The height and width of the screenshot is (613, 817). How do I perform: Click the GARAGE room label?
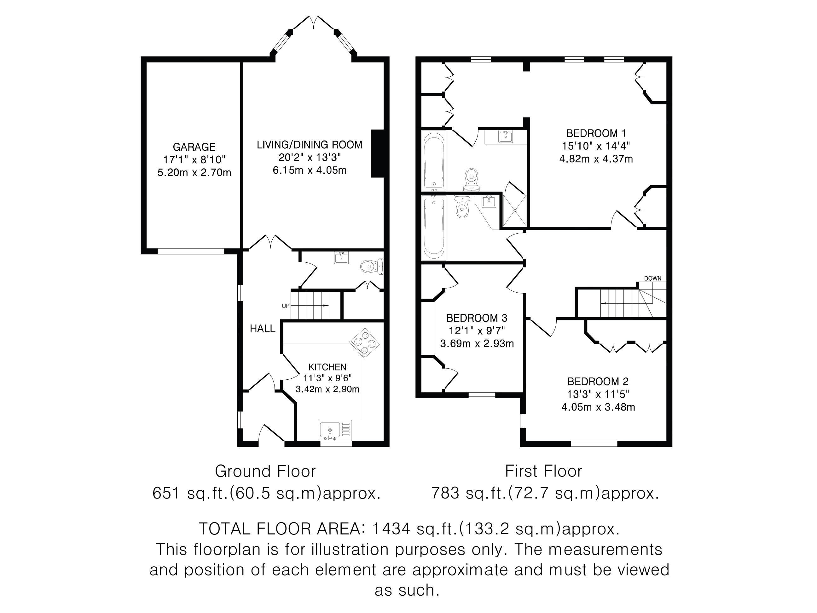click(x=194, y=147)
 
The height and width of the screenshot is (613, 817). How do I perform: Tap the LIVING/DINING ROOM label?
click(x=310, y=144)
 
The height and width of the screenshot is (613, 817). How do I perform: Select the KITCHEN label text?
click(x=327, y=367)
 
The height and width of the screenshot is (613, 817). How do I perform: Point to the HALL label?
click(x=263, y=329)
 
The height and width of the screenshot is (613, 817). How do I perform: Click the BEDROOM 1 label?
click(x=596, y=133)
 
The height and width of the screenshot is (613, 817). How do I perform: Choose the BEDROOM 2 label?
click(x=598, y=381)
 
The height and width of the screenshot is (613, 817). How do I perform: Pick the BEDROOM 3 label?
click(x=477, y=318)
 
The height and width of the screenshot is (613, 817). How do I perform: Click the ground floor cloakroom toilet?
click(x=372, y=266)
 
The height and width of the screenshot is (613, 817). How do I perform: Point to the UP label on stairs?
click(x=286, y=306)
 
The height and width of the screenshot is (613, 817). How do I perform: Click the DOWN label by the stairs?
click(x=653, y=278)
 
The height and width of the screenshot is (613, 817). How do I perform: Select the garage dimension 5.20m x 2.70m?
click(x=194, y=172)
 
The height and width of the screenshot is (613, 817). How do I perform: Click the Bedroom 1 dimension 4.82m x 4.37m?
click(x=596, y=159)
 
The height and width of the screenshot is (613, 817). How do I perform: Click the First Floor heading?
click(x=544, y=471)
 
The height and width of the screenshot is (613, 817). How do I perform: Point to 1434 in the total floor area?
click(x=391, y=529)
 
